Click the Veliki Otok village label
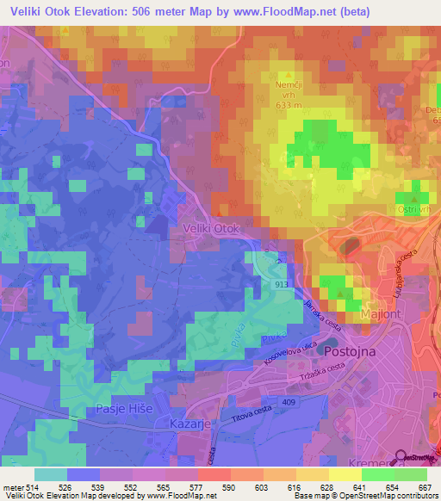click(209, 228)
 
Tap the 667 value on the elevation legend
click(424, 487)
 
